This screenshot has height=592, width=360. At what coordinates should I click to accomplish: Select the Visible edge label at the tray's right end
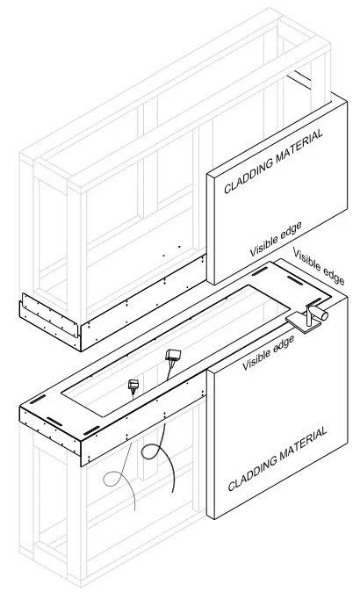(x=318, y=267)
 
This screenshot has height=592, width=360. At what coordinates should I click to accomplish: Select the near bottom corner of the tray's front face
(x=84, y=463)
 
